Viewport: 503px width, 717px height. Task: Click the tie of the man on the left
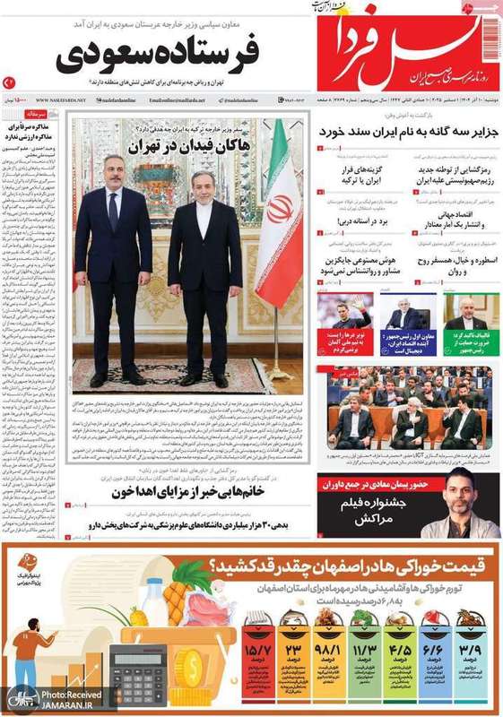113,211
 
